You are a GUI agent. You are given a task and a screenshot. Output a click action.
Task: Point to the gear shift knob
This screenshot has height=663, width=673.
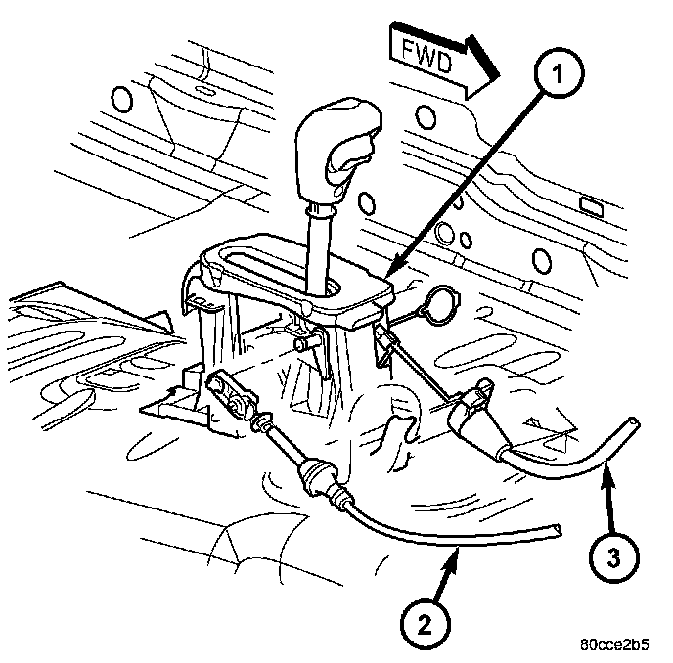pos(340,147)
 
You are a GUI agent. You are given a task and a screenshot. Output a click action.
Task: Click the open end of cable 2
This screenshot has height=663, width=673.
pos(559,528)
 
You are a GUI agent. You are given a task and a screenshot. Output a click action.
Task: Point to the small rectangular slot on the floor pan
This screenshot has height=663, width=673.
pos(590,206)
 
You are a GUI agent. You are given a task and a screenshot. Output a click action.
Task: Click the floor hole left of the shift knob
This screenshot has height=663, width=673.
pos(122,99)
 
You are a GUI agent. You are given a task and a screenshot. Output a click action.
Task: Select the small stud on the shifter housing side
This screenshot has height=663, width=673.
pos(303,343)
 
